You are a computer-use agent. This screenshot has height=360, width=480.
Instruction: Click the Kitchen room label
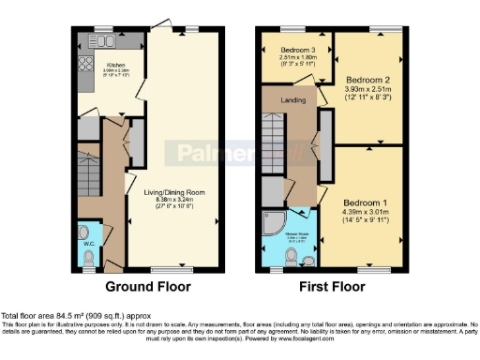[x=117, y=65]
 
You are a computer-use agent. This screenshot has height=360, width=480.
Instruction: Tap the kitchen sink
[x=99, y=42]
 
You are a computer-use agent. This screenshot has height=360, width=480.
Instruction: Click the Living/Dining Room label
[x=174, y=192]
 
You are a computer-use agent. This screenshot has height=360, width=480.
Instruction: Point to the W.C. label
[x=90, y=245]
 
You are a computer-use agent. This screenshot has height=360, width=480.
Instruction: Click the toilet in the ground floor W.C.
[x=87, y=232]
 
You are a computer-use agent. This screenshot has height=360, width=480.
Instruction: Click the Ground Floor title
[x=147, y=286]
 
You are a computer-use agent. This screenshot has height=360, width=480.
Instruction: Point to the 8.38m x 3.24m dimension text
[x=174, y=200]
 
